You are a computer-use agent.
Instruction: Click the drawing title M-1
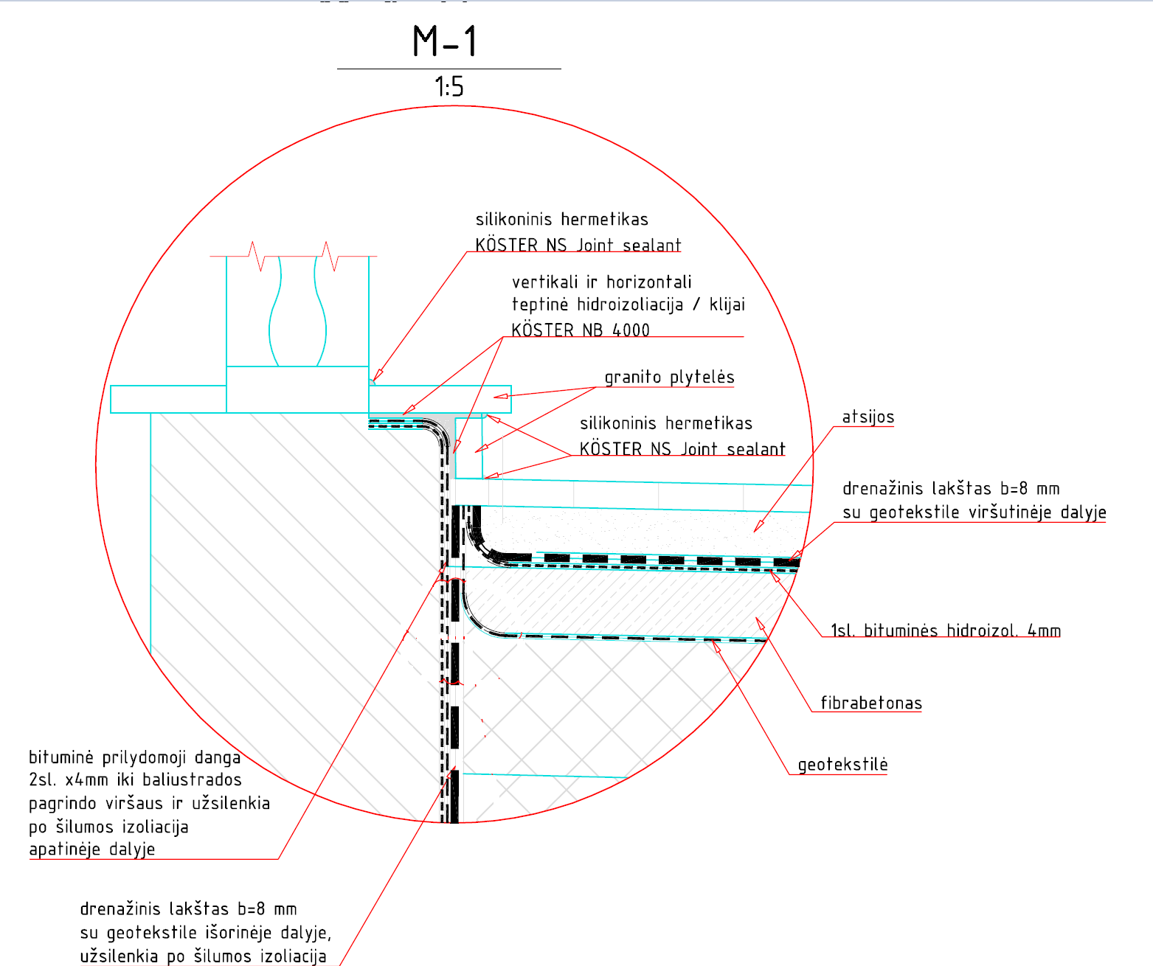(x=445, y=41)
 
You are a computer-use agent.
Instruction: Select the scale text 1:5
(x=449, y=87)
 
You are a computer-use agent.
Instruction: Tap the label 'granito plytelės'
(x=669, y=378)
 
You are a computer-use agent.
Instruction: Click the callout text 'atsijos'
(x=868, y=417)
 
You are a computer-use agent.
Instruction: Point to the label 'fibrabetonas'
(x=871, y=703)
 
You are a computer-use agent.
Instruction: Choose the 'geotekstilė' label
(x=842, y=765)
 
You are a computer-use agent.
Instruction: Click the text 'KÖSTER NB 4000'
(x=581, y=330)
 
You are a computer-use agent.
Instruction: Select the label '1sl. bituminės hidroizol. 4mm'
(x=946, y=630)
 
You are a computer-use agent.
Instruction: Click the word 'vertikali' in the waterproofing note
(x=544, y=282)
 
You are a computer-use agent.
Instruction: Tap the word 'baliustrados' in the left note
(x=192, y=780)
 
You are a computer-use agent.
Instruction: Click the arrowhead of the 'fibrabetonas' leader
(x=761, y=623)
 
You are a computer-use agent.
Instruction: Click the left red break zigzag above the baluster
(x=256, y=256)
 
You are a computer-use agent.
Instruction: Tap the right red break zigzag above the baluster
(x=330, y=256)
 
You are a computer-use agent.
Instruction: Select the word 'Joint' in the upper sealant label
(x=595, y=245)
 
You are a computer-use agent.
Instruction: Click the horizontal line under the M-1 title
(x=449, y=69)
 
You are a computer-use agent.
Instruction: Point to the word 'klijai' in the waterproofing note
(x=727, y=305)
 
